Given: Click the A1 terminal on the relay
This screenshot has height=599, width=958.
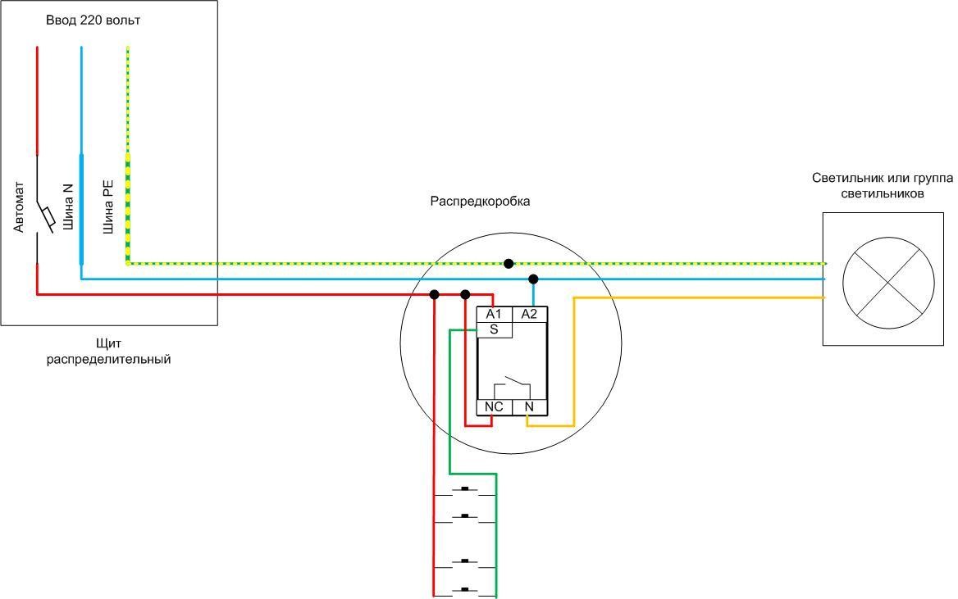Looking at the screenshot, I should click(x=494, y=314).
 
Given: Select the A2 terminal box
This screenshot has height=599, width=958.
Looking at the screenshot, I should click(x=529, y=314).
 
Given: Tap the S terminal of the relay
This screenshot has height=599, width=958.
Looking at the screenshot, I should click(x=494, y=329).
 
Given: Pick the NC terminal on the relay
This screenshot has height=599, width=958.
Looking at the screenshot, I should click(x=494, y=407).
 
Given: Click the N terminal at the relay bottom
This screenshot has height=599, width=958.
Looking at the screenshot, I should click(x=529, y=407).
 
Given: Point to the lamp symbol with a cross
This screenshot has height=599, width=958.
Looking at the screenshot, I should click(x=888, y=279).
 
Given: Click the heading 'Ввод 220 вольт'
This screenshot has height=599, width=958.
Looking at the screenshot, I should click(x=93, y=20).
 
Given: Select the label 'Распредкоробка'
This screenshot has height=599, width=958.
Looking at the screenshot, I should click(x=481, y=201).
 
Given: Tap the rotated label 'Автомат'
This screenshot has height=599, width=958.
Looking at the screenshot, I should click(x=20, y=206).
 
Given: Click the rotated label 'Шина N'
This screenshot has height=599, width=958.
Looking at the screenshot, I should click(x=68, y=205).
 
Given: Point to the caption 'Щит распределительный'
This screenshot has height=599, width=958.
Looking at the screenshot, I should click(x=108, y=351).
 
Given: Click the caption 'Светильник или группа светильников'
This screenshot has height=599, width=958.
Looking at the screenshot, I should click(x=882, y=186).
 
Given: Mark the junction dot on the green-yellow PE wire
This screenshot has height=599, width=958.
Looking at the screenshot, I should click(x=509, y=263).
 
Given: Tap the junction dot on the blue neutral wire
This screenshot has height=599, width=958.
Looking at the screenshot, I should click(x=533, y=279).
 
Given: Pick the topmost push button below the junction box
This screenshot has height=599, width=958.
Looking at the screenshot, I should click(x=465, y=491).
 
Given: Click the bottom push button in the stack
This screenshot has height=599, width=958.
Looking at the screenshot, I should click(x=465, y=589).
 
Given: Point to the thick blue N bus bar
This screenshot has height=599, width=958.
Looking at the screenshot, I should click(x=81, y=209).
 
